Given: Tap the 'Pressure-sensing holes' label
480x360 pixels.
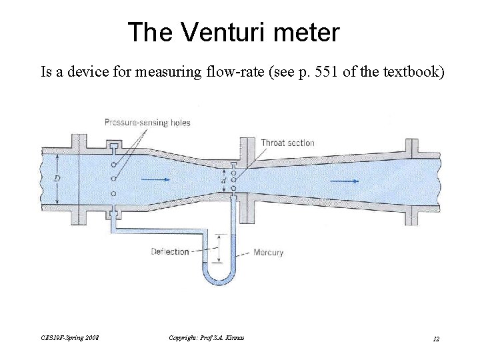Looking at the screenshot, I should tap(147, 122).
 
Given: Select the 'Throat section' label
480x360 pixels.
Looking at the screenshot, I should tap(287, 143).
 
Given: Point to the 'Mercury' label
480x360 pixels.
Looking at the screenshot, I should tap(268, 253).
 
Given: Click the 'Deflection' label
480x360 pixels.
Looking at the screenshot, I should tap(170, 251).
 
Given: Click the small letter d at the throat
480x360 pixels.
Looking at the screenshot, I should tap(224, 180).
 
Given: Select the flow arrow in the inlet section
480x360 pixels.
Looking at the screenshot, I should tap(155, 179).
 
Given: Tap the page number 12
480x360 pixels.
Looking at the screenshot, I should tap(436, 339).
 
